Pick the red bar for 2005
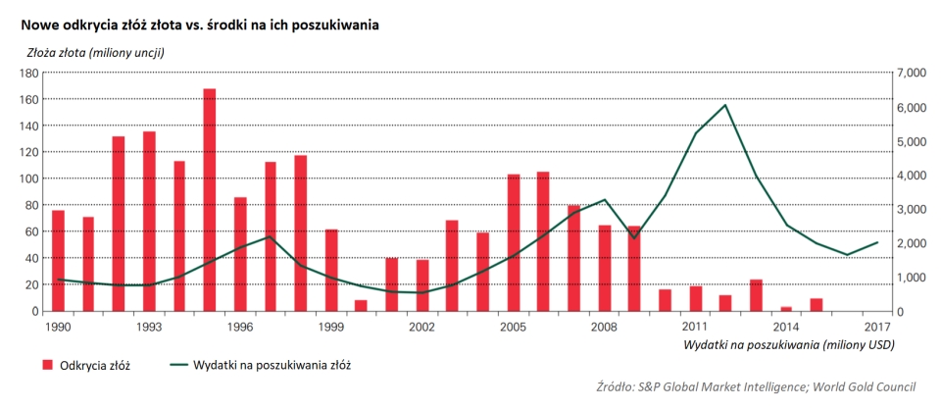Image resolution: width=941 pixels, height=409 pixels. pos(513,242)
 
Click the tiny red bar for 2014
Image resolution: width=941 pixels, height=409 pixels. pos(785,309)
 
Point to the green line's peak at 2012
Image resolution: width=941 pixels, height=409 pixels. pos(724,105)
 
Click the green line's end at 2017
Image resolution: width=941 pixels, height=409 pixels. pos(876,242)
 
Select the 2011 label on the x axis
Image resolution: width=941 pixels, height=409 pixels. pos(695,327)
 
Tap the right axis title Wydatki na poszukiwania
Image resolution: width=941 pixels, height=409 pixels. pos(786,344)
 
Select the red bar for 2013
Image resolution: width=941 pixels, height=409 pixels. pos(755,295)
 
